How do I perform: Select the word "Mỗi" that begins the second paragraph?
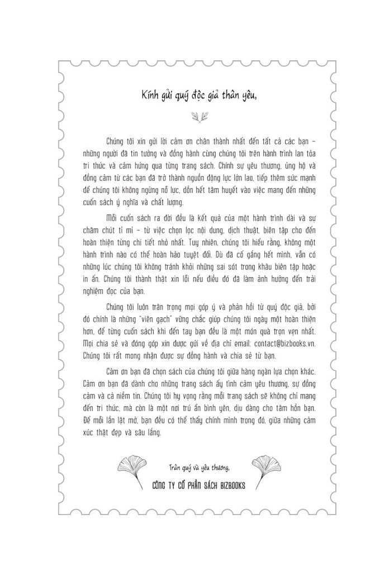tap(112, 217)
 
